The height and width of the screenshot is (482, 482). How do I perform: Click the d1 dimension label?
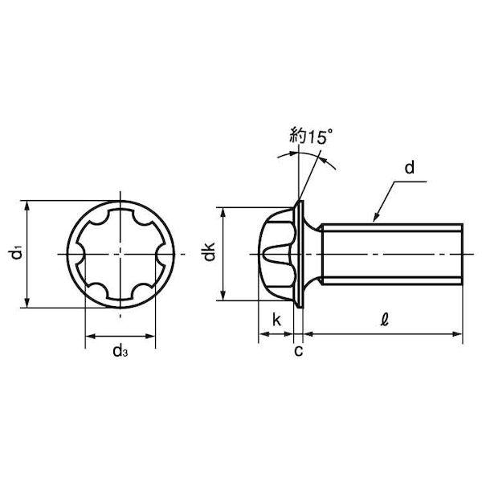15,254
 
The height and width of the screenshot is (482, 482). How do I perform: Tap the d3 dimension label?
120,351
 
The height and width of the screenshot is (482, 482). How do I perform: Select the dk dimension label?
210,251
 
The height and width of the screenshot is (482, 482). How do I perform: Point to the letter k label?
276,320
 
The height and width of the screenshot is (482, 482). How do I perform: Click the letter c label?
299,351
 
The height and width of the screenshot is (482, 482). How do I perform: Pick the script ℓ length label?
384,320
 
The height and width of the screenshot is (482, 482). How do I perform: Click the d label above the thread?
410,168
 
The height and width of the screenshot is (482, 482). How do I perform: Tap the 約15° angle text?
311,137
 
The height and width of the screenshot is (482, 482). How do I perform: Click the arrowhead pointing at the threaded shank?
376,217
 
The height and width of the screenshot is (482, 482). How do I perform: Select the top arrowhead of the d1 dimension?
27,206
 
